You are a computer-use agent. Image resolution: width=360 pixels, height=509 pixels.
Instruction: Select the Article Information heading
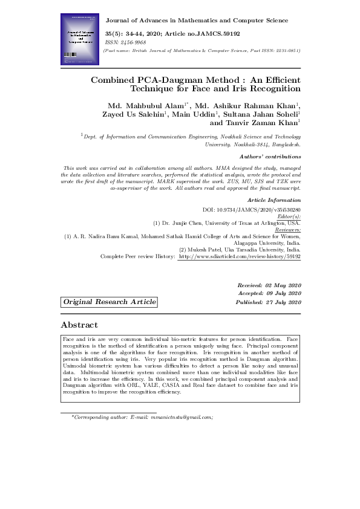click(274, 199)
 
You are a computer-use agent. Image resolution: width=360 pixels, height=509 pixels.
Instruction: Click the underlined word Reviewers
click(287, 229)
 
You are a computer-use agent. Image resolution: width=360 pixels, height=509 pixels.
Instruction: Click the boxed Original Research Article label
click(110, 302)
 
